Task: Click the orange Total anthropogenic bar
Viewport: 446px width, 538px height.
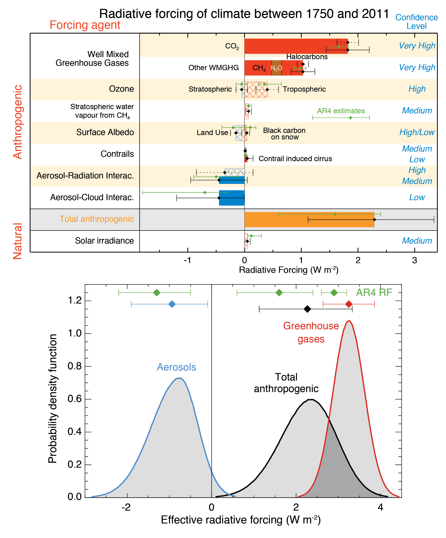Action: [309, 219]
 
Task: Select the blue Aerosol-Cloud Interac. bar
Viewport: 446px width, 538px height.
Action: [232, 198]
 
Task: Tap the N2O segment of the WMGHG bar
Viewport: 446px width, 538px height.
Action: [276, 68]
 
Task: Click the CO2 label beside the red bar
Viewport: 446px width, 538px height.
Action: [232, 46]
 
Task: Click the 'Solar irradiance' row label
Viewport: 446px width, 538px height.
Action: [104, 241]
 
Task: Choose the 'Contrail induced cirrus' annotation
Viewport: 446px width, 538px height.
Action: [295, 159]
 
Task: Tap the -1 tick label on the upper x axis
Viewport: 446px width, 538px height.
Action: [188, 261]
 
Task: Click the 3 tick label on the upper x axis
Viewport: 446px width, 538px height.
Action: [414, 261]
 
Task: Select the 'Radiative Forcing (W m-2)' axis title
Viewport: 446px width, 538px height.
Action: [288, 270]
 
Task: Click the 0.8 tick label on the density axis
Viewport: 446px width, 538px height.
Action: [75, 366]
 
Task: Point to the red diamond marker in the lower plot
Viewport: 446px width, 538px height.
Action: [349, 304]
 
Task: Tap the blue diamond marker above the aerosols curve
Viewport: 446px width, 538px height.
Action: [172, 304]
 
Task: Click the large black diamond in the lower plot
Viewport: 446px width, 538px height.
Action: [307, 309]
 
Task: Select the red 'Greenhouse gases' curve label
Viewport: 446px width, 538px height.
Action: [311, 333]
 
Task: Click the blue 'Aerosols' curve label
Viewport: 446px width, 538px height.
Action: [177, 367]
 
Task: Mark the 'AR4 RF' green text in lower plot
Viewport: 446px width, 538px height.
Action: [374, 293]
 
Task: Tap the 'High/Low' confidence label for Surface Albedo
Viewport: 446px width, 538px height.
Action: [417, 132]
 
